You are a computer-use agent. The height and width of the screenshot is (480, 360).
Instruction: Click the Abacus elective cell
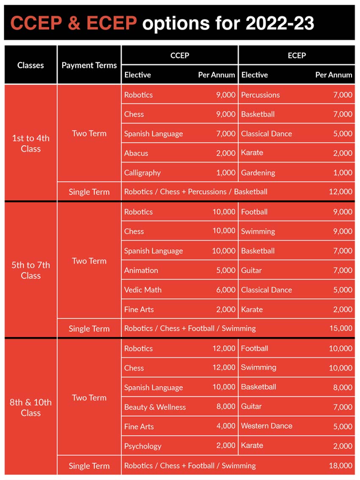136,153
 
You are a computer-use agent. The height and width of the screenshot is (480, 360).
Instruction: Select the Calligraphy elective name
142,173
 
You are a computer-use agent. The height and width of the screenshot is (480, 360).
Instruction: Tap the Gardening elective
258,173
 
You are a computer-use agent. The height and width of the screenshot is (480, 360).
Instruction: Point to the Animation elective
141,270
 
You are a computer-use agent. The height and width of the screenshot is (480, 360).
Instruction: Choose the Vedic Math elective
143,290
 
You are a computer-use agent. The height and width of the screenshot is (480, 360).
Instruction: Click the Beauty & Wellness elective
155,407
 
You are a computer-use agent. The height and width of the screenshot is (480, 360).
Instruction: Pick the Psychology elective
143,446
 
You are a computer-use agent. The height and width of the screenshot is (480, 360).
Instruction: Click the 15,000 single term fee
341,328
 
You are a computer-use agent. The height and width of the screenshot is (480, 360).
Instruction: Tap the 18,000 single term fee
341,466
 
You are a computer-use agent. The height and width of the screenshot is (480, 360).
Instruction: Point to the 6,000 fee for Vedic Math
226,290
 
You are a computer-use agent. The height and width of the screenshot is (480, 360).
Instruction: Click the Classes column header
30,65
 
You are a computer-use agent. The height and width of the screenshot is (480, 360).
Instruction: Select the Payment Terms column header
89,65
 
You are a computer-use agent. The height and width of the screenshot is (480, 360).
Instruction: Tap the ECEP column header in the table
296,55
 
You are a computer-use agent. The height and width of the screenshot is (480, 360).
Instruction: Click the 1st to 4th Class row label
30,143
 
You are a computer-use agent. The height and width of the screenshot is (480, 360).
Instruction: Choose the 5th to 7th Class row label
30,270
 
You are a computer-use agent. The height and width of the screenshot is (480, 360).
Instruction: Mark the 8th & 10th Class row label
30,407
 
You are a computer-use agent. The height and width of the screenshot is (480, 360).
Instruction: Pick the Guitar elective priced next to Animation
252,270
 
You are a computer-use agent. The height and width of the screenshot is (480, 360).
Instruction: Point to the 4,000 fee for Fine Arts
226,426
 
